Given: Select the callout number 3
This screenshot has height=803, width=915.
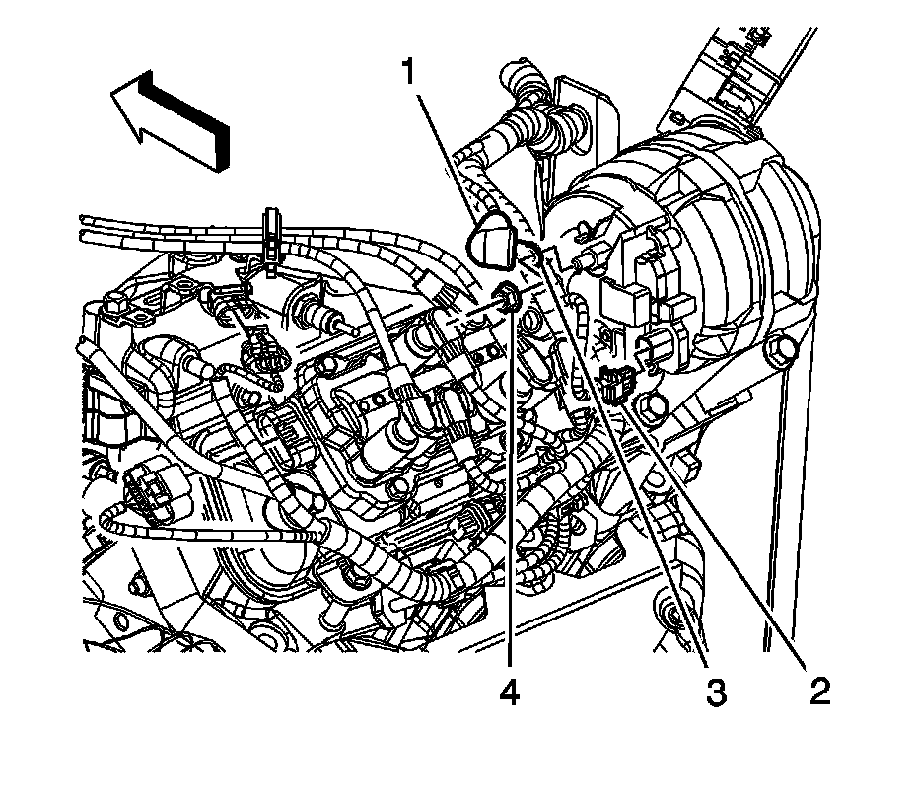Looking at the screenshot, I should point(716,692).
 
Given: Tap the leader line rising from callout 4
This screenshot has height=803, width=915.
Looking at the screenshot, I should point(510,493).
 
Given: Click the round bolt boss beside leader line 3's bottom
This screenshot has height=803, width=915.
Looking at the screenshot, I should point(674,618).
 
